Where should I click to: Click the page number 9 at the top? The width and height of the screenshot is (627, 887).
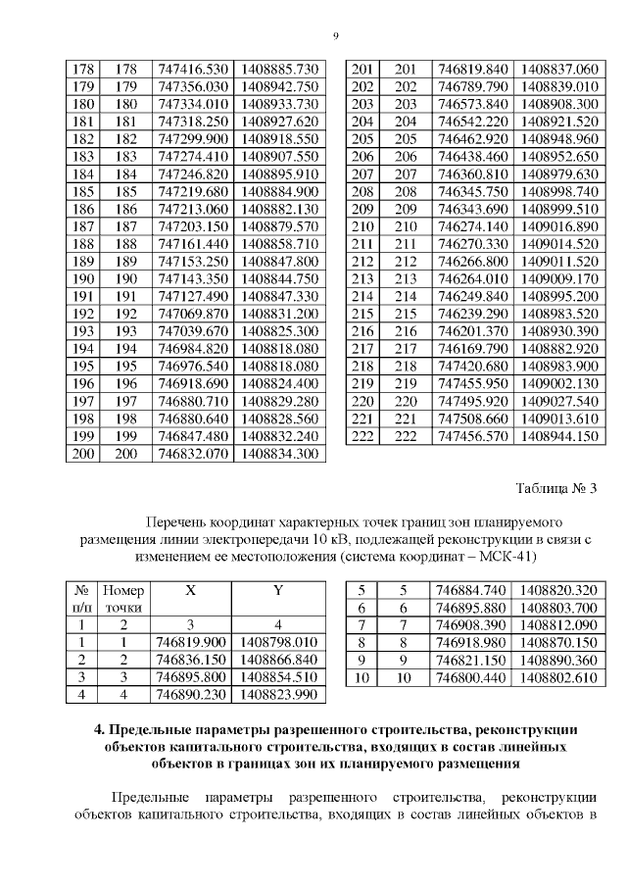pyautogui.click(x=335, y=36)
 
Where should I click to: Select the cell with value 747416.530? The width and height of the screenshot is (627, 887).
pyautogui.click(x=193, y=70)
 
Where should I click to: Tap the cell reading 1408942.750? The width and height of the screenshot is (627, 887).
pyautogui.click(x=279, y=87)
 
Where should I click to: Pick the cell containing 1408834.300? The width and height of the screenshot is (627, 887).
pyautogui.click(x=279, y=454)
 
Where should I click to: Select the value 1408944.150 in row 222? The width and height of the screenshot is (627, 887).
pyautogui.click(x=559, y=436)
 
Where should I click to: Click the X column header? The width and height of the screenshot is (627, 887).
pyautogui.click(x=191, y=592)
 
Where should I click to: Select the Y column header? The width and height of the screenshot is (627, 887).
pyautogui.click(x=278, y=592)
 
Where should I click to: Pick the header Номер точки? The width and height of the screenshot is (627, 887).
pyautogui.click(x=123, y=600)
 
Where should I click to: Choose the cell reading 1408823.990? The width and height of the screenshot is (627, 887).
pyautogui.click(x=278, y=695)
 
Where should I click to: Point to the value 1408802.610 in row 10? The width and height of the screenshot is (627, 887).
pyautogui.click(x=559, y=677)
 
